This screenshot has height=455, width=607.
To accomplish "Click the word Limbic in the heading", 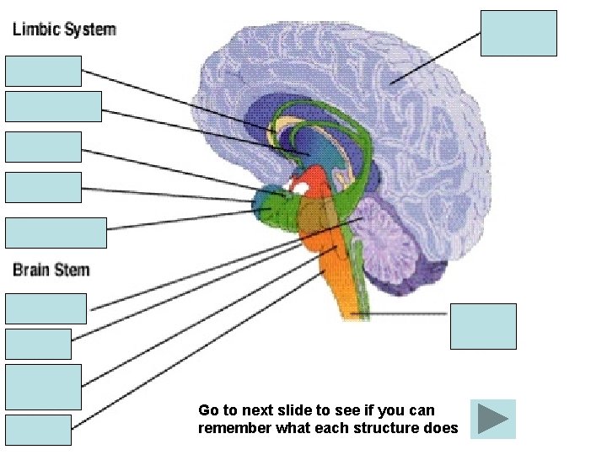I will point(36,29).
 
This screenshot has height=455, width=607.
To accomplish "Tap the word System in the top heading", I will point(88,29).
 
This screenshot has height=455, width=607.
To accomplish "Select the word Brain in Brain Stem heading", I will point(33,270).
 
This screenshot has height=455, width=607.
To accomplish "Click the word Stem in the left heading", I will point(72,270).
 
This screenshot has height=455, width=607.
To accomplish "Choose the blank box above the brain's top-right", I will point(518,33).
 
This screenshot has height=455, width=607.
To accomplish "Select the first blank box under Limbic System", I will point(43,71).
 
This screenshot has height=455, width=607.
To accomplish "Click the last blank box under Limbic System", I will point(56,233).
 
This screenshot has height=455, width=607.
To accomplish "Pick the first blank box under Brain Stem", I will point(46,308).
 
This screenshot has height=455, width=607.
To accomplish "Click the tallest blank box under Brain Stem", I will point(43,387).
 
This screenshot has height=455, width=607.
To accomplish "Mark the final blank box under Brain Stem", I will point(38,430).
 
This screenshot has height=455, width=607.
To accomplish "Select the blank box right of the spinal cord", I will point(483,326).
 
